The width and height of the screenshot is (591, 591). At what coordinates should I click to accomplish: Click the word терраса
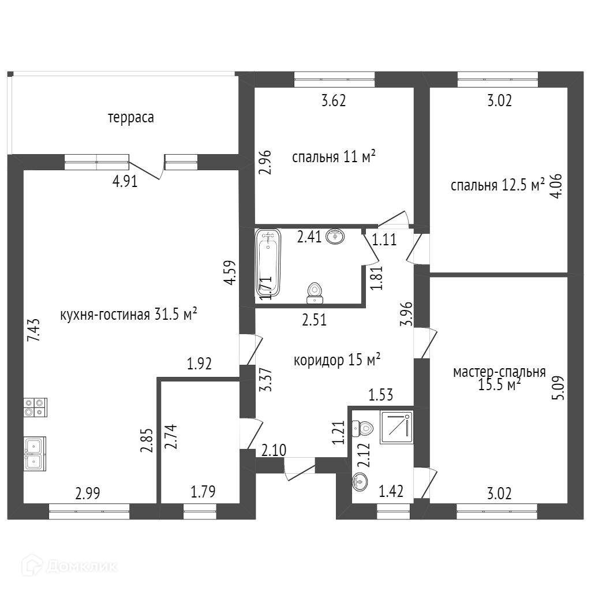tap(131, 118)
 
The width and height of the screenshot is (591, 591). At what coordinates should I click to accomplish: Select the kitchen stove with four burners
tap(35, 407)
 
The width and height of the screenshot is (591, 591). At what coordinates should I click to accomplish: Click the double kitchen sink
tap(35, 453)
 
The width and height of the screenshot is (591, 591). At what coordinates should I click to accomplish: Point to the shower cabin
tap(397, 428)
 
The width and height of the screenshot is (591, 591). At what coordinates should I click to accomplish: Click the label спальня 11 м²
tap(334, 157)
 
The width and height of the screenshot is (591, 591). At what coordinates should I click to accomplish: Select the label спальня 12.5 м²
tap(498, 185)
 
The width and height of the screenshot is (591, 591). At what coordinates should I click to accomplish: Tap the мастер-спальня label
tap(499, 378)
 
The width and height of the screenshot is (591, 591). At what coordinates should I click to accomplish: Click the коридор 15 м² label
tap(337, 361)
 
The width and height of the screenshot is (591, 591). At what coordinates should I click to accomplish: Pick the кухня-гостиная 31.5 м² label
tap(129, 315)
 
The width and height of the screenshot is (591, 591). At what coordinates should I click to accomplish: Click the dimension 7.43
tap(34, 331)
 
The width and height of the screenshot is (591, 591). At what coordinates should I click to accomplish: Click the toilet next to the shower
tap(364, 428)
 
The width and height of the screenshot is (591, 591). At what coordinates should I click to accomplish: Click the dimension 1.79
tap(204, 492)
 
